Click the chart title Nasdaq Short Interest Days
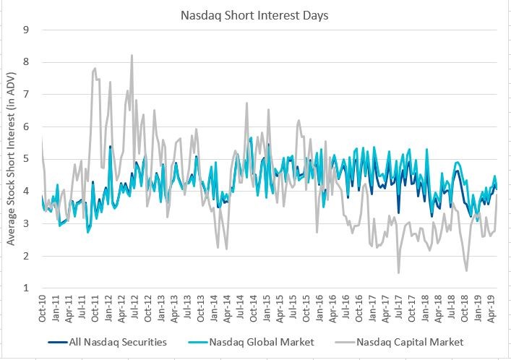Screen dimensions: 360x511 pos(255,12)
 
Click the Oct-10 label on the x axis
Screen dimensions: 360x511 pos(43,309)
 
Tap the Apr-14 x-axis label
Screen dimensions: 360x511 pos(229,309)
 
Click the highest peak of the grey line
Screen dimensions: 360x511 pos(132,56)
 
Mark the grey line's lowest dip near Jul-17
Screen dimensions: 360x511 pos(398,273)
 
